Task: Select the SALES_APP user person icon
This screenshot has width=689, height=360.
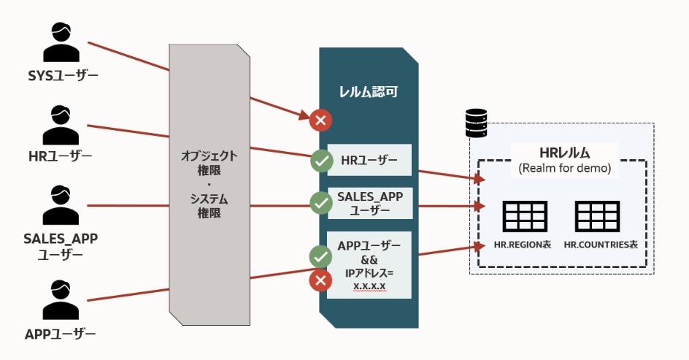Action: click(x=61, y=205)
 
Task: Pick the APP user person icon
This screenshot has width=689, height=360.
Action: click(x=61, y=299)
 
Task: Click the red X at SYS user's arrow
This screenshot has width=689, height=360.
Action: click(x=320, y=120)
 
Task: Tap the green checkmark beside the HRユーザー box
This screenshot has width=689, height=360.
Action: click(x=321, y=160)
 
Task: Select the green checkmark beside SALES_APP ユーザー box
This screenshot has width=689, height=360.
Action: click(x=321, y=203)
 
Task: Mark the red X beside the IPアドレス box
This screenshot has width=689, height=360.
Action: click(x=320, y=280)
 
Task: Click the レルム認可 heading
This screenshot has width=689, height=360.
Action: click(x=368, y=92)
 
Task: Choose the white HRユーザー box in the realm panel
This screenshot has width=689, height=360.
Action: click(x=369, y=159)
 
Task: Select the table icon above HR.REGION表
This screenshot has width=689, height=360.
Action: click(x=525, y=215)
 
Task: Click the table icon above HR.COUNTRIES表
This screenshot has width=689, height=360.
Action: click(x=598, y=215)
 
